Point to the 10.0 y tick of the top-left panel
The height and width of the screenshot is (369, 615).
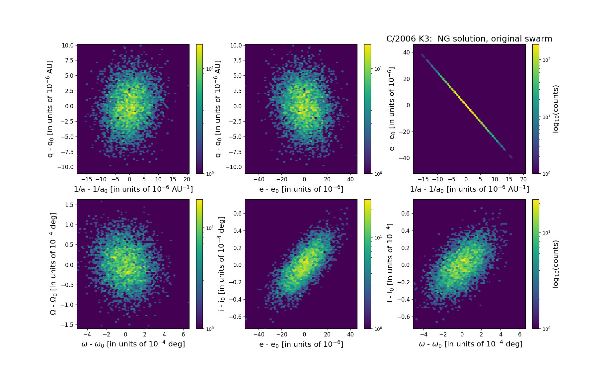[67, 45]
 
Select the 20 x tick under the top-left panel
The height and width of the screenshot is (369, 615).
[187, 179]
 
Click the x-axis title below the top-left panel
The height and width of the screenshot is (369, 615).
[133, 189]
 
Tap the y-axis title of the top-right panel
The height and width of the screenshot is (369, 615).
[392, 109]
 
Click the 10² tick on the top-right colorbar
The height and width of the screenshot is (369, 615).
[546, 60]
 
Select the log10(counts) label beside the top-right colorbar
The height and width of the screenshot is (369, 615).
[556, 109]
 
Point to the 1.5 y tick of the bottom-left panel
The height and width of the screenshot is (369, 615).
[69, 205]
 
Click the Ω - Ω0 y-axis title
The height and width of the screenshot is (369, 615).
[53, 264]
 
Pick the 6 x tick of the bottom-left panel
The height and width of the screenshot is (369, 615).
[184, 334]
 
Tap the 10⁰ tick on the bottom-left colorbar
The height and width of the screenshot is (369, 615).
[210, 329]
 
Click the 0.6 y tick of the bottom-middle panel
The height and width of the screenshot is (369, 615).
[237, 214]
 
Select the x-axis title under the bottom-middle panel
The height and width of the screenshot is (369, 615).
[301, 344]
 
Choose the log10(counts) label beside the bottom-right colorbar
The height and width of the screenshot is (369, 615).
[556, 264]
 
